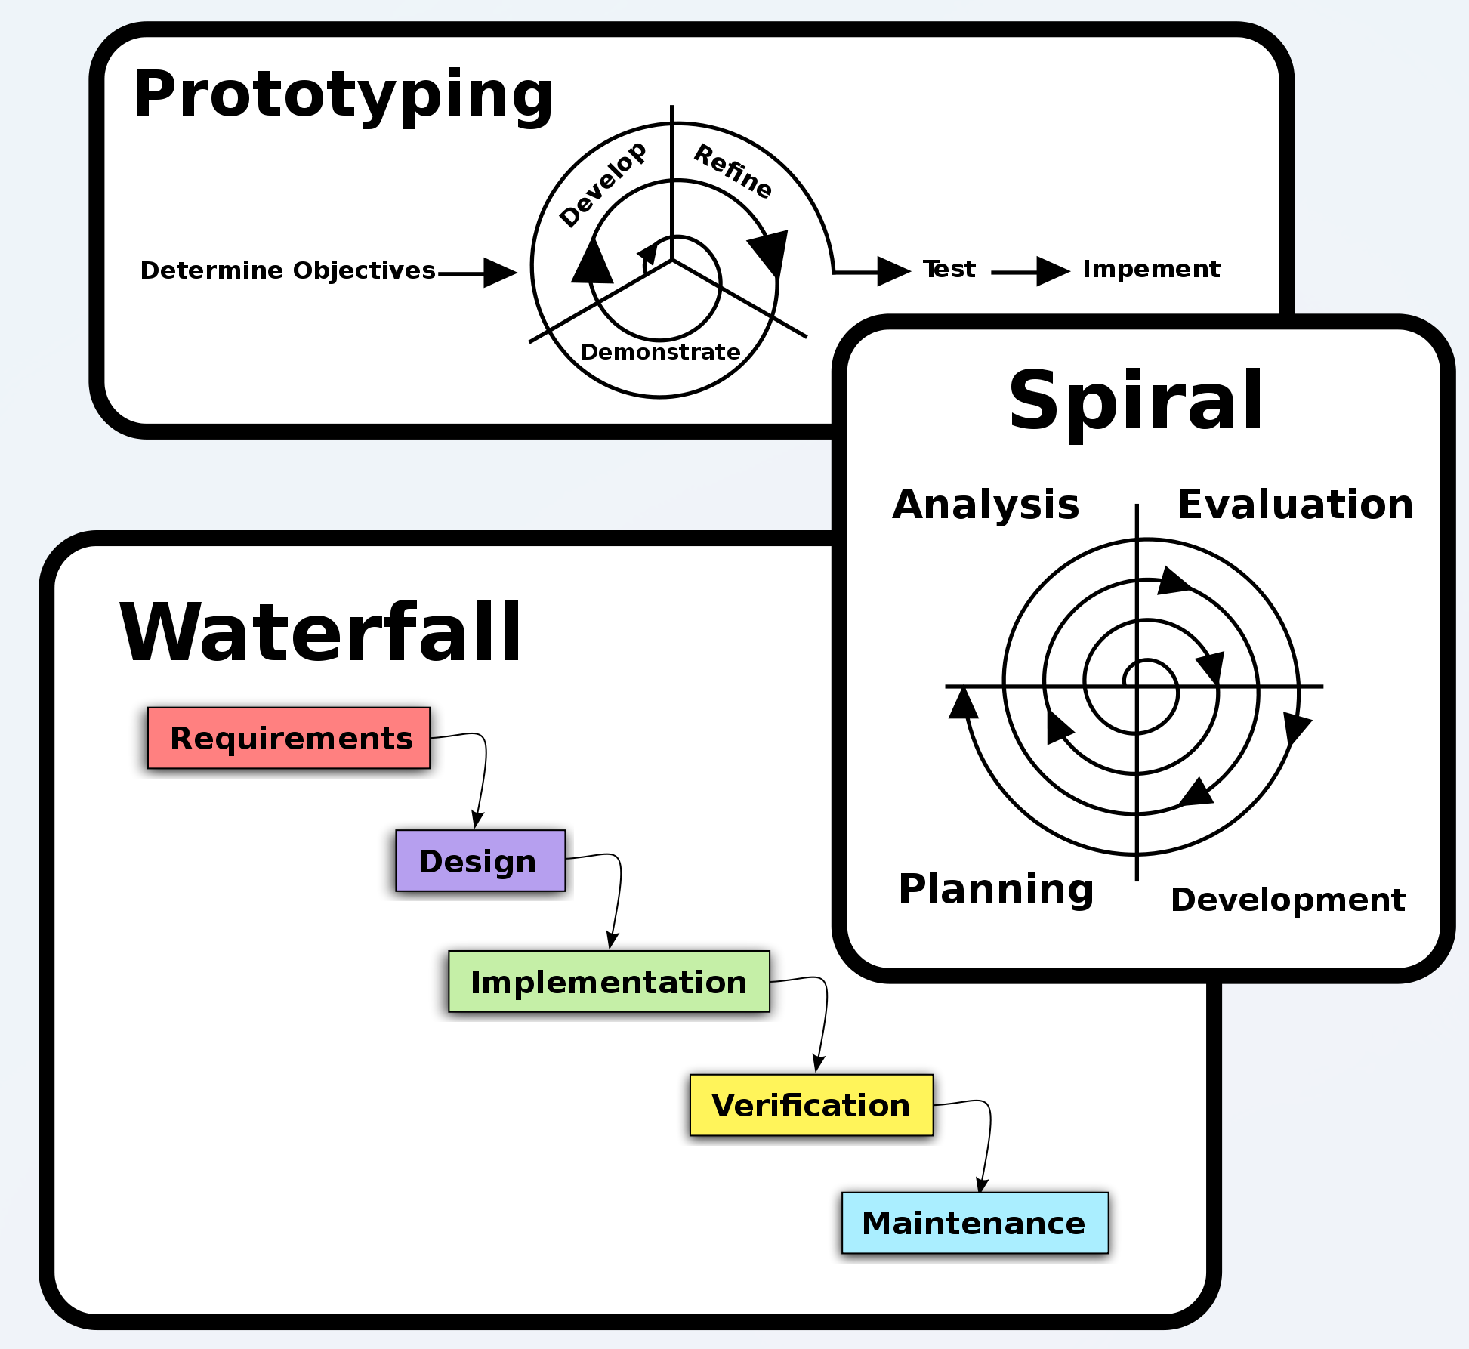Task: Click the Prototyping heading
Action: [343, 95]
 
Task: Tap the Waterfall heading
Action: [320, 633]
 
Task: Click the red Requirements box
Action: [289, 738]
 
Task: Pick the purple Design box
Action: [480, 861]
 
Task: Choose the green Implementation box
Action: [609, 982]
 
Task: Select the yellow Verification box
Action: [811, 1105]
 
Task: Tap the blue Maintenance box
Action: [974, 1223]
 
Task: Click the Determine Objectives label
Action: [288, 270]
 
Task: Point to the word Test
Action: [949, 269]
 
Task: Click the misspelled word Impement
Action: [1151, 269]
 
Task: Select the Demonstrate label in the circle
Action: [660, 352]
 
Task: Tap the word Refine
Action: [733, 171]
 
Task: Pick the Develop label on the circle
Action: [603, 184]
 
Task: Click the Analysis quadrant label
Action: [986, 505]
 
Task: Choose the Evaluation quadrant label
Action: [1295, 505]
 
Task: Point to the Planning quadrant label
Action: [996, 889]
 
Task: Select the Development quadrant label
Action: [1288, 900]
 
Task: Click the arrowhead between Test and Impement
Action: [1053, 271]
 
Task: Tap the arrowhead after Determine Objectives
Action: [500, 273]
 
